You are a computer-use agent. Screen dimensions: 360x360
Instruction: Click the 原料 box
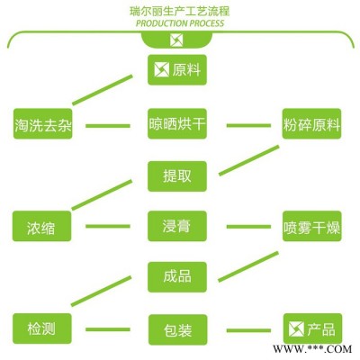coord(177,69)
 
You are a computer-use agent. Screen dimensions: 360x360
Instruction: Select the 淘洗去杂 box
coord(43,123)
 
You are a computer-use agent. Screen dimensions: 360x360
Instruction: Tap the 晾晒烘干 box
coord(177,123)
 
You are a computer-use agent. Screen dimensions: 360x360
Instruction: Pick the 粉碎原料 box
coord(311,123)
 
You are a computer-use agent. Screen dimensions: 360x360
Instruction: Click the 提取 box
coord(177,176)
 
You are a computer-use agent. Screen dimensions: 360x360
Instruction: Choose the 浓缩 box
coord(41,226)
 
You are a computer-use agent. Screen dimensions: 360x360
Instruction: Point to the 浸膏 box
coord(177,226)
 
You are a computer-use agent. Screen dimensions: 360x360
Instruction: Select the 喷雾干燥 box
coord(312,226)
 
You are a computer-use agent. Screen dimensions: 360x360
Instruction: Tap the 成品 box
coord(177,277)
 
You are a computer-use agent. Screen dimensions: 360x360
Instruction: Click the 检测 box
coord(42,328)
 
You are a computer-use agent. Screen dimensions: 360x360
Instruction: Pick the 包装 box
coord(178,329)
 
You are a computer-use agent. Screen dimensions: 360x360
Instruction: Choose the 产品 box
coord(312,328)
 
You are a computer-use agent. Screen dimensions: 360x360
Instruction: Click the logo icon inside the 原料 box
coord(161,70)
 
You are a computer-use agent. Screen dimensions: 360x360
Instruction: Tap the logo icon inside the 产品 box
coord(296,329)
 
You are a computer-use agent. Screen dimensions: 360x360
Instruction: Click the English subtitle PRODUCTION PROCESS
coord(180,23)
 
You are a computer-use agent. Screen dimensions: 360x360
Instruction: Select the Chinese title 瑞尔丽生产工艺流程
coord(179,11)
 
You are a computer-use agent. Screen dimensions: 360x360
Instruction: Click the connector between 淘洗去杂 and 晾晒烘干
coord(108,126)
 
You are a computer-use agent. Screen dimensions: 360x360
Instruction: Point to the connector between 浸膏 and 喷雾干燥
coord(248,227)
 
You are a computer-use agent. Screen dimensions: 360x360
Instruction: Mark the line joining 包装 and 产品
coord(248,330)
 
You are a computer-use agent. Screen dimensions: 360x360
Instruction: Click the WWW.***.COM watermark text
coord(312,348)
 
